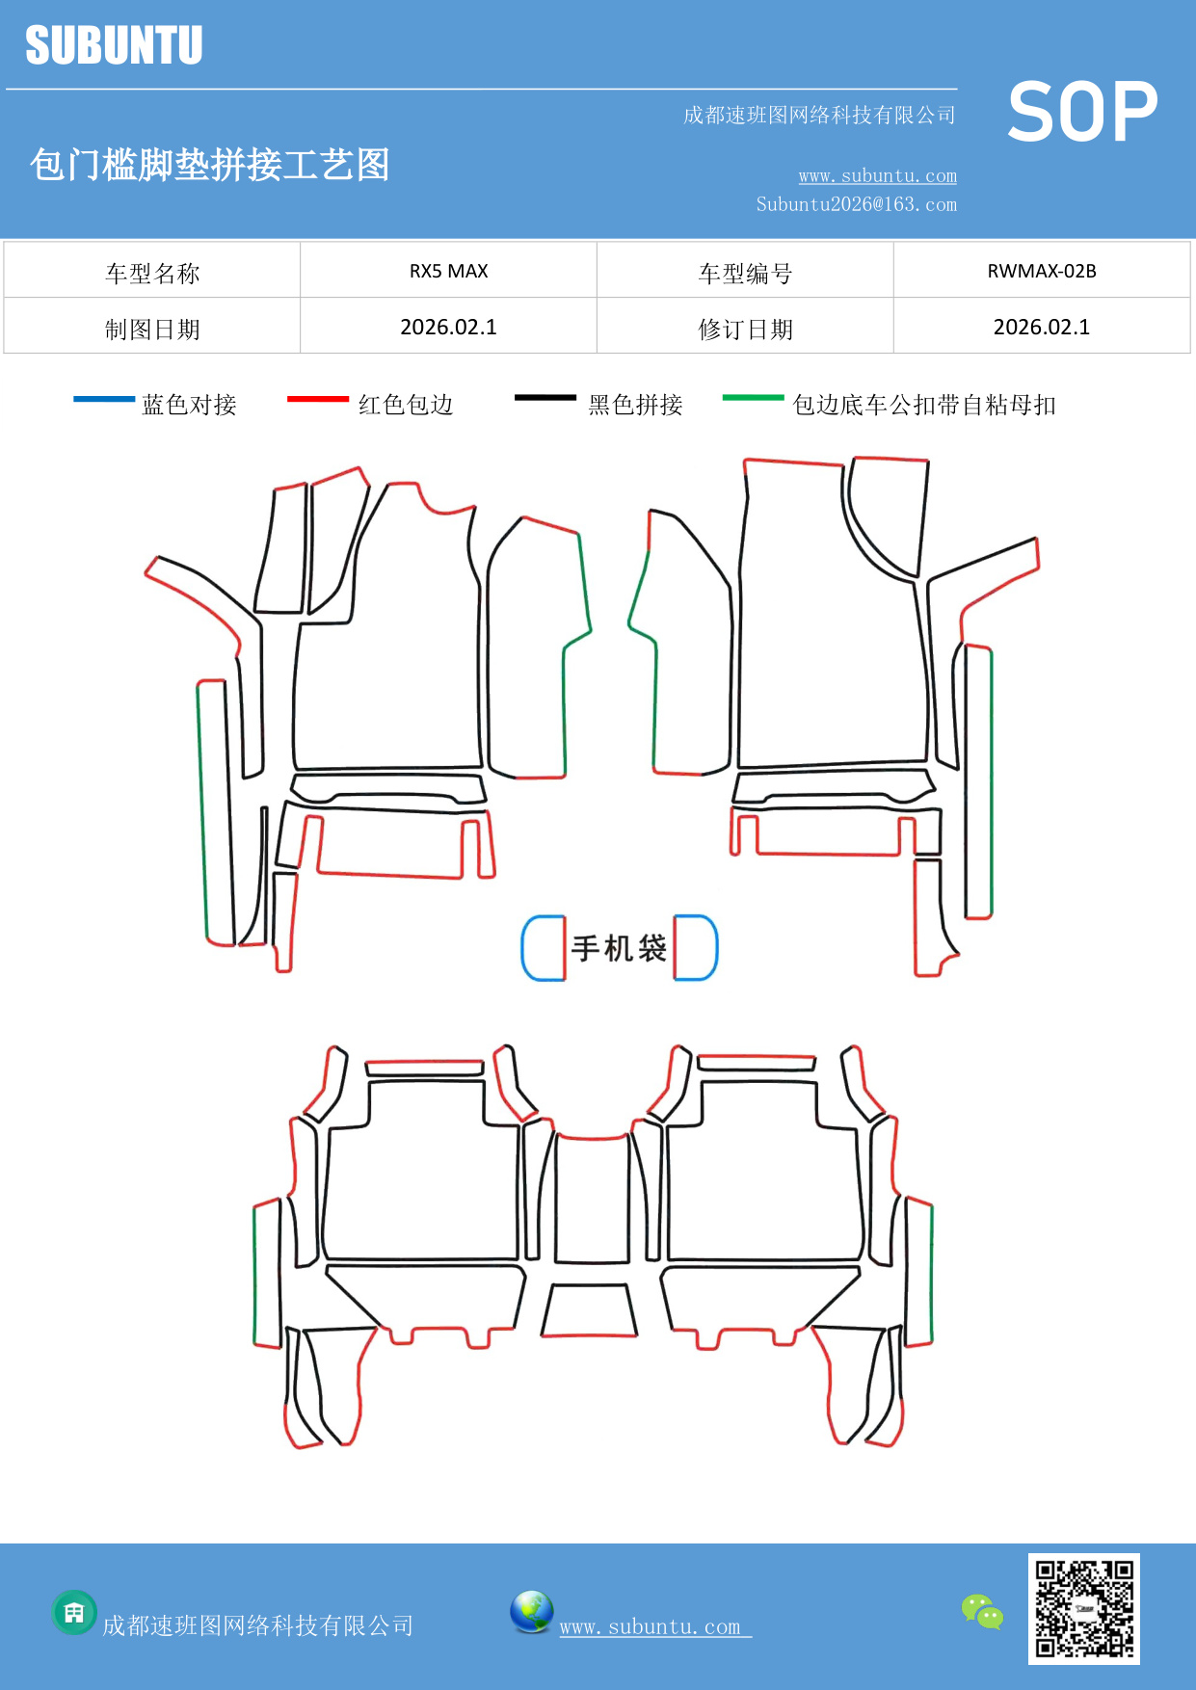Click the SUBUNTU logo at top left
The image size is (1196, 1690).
114,45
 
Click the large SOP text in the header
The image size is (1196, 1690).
1082,113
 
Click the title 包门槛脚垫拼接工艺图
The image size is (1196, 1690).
210,165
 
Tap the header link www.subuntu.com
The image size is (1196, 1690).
877,175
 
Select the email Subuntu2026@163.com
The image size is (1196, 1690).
856,204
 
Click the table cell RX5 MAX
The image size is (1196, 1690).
448,271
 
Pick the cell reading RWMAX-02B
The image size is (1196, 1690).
1041,271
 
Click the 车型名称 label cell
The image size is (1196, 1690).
152,274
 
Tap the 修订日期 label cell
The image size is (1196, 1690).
745,330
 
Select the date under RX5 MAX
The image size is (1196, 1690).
448,328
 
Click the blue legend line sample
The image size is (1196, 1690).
104,399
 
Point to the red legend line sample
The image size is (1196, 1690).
317,399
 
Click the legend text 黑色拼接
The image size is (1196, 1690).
635,405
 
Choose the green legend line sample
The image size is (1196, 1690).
753,397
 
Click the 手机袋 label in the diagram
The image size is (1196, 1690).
619,948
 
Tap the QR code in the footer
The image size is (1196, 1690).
1083,1608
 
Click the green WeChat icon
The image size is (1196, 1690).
982,1611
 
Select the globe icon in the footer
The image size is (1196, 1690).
531,1611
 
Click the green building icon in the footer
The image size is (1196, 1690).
74,1612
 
